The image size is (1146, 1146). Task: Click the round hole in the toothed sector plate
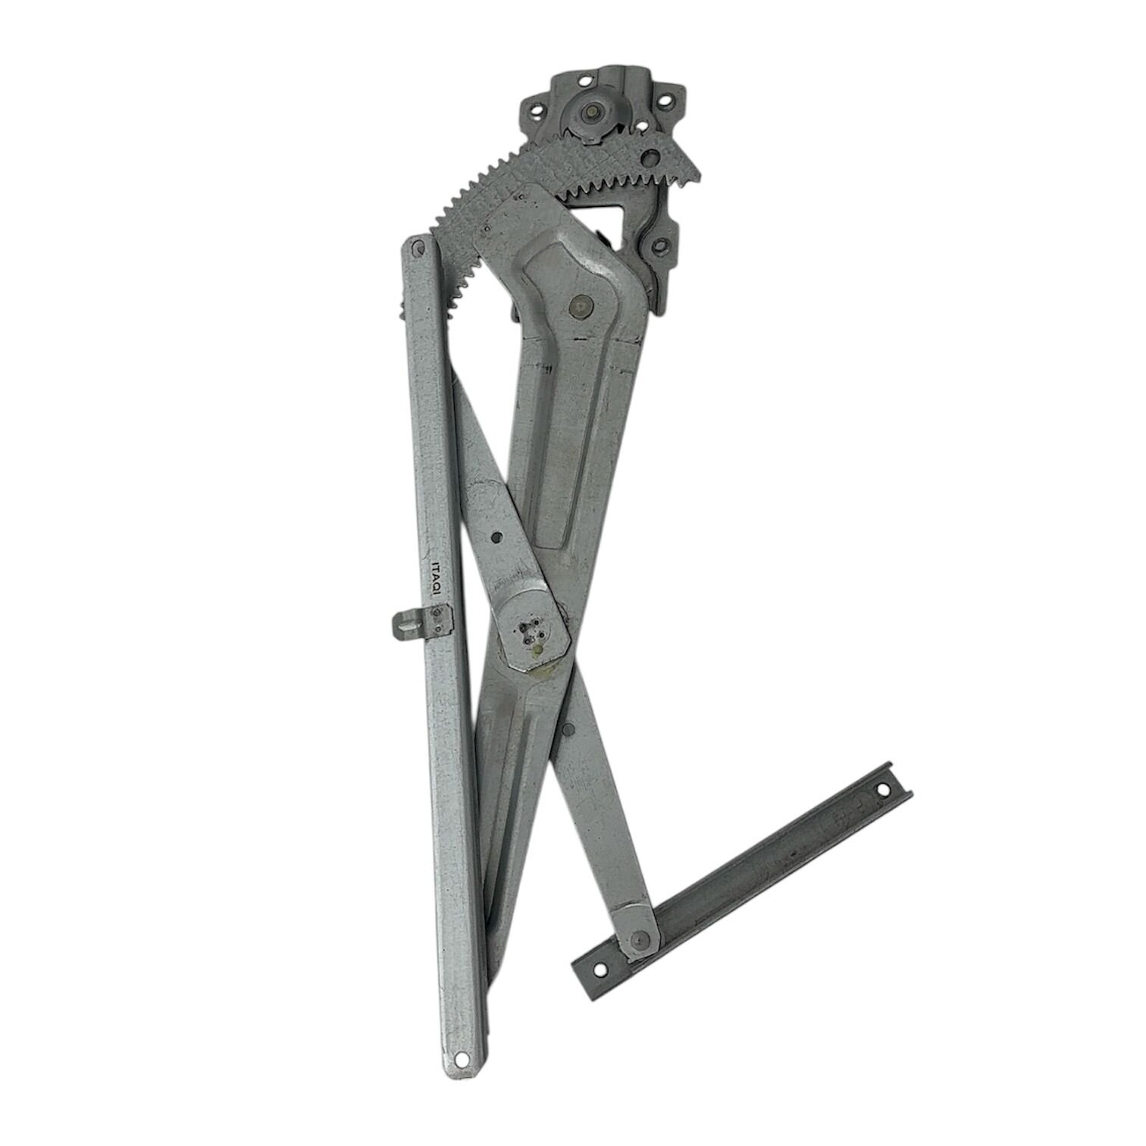point(649,158)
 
